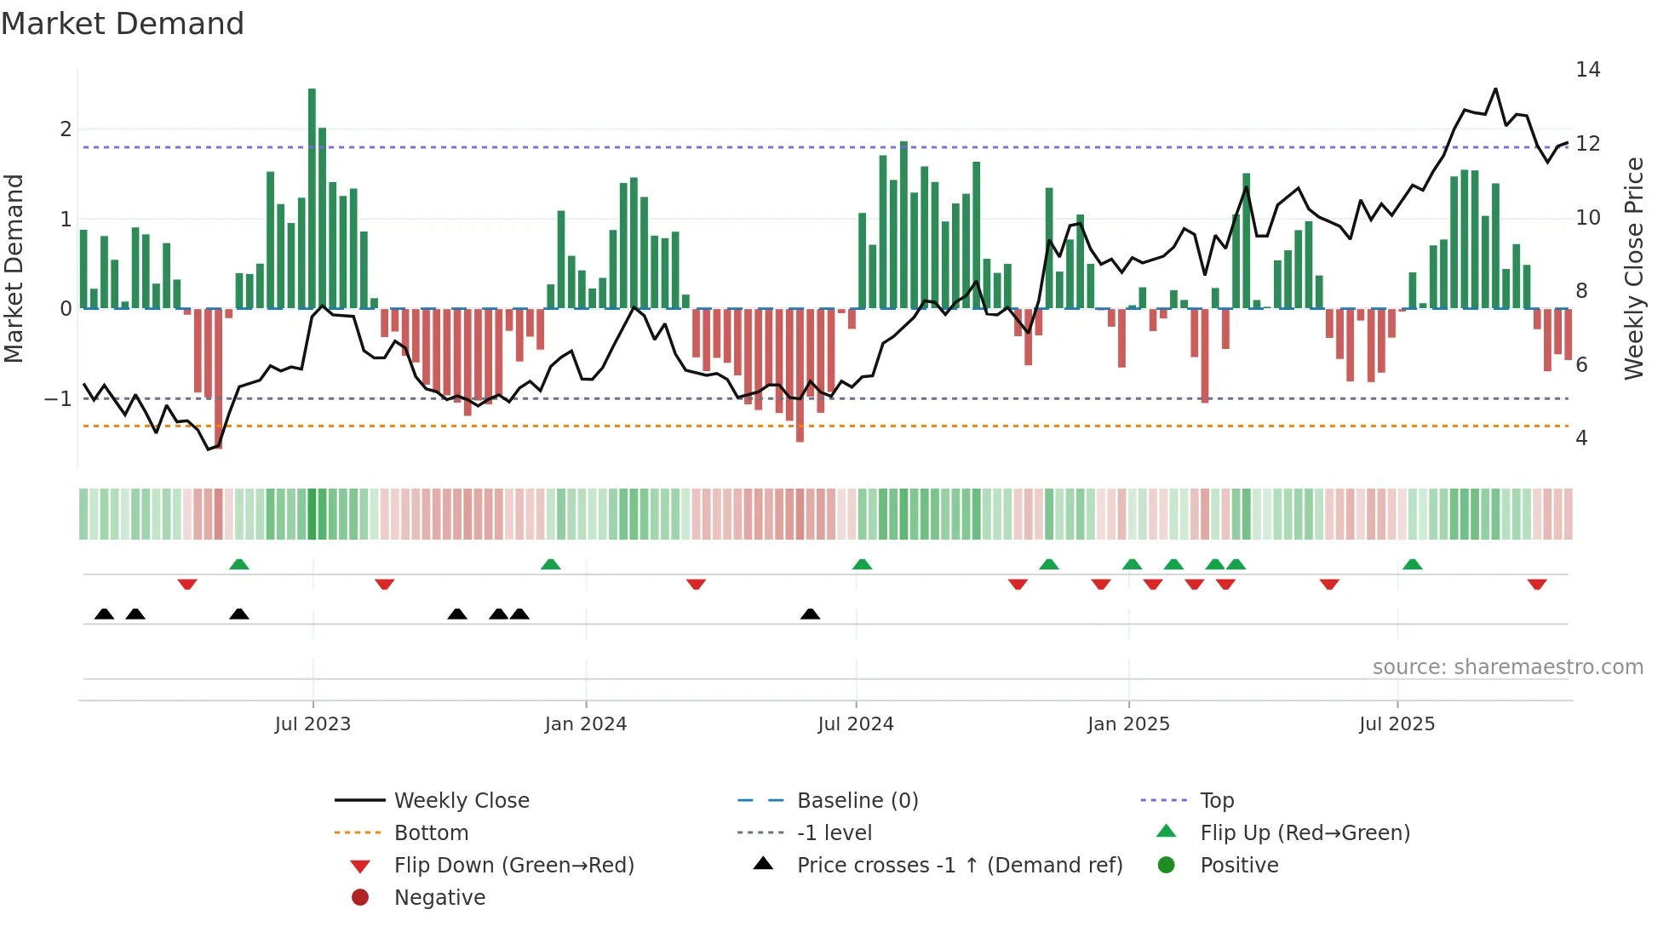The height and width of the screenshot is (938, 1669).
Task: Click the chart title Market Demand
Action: [x=123, y=24]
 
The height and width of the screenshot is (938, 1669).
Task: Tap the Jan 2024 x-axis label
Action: [x=586, y=724]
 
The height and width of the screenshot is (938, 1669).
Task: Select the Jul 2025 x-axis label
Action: [x=1397, y=724]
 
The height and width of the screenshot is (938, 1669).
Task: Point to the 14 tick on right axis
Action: [x=1587, y=70]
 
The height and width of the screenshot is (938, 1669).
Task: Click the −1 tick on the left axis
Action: [x=58, y=398]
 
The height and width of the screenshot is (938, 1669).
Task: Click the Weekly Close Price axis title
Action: [x=1633, y=268]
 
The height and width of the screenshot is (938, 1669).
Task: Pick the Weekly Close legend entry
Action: [x=461, y=801]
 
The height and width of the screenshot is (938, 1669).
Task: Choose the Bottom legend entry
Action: [x=431, y=833]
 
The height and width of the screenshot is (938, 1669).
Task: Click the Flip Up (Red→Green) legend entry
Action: [x=1305, y=833]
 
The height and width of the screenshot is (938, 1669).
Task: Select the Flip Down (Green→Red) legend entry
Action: [x=513, y=866]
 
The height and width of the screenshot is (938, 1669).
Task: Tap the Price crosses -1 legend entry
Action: [x=959, y=866]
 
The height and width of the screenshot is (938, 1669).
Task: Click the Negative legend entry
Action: [x=439, y=898]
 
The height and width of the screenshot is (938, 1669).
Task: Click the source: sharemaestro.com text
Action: [x=1507, y=667]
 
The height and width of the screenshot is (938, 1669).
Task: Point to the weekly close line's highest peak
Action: [x=1495, y=89]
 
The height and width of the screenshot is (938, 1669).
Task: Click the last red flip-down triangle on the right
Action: [x=1537, y=585]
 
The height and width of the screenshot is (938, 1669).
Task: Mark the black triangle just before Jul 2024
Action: [x=811, y=614]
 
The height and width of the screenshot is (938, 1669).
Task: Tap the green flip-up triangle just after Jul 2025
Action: [x=1413, y=564]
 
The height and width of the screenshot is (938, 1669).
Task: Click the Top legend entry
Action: [x=1217, y=801]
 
